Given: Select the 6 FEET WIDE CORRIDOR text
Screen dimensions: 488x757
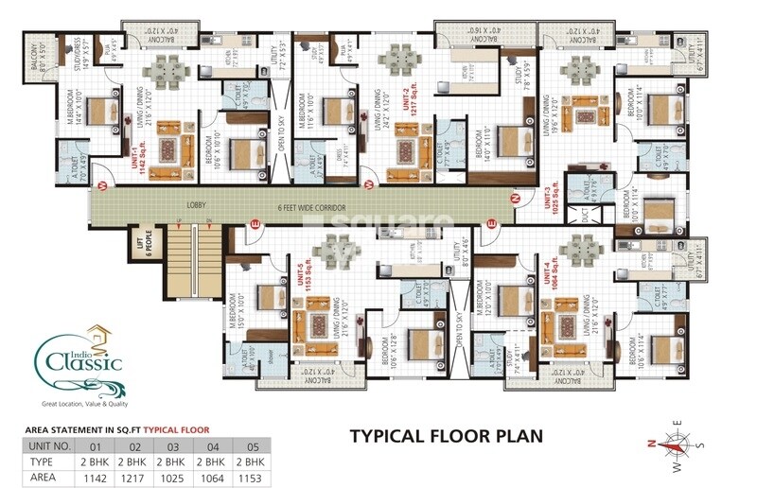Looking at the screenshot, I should coord(313,206).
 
